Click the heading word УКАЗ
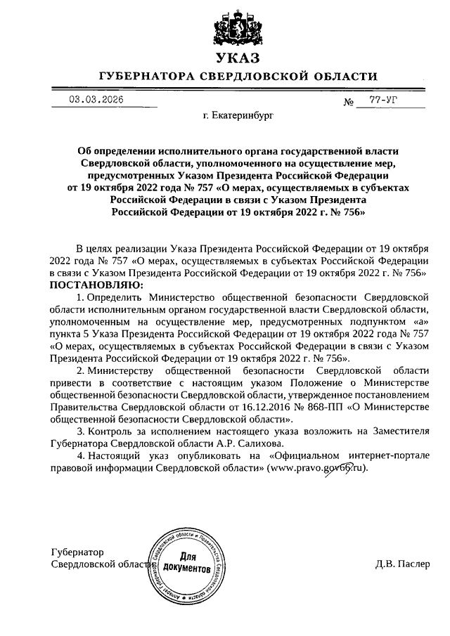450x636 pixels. [238, 58]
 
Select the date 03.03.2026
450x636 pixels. [96, 100]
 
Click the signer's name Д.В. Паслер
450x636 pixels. [402, 564]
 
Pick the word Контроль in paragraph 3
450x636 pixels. [114, 431]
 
